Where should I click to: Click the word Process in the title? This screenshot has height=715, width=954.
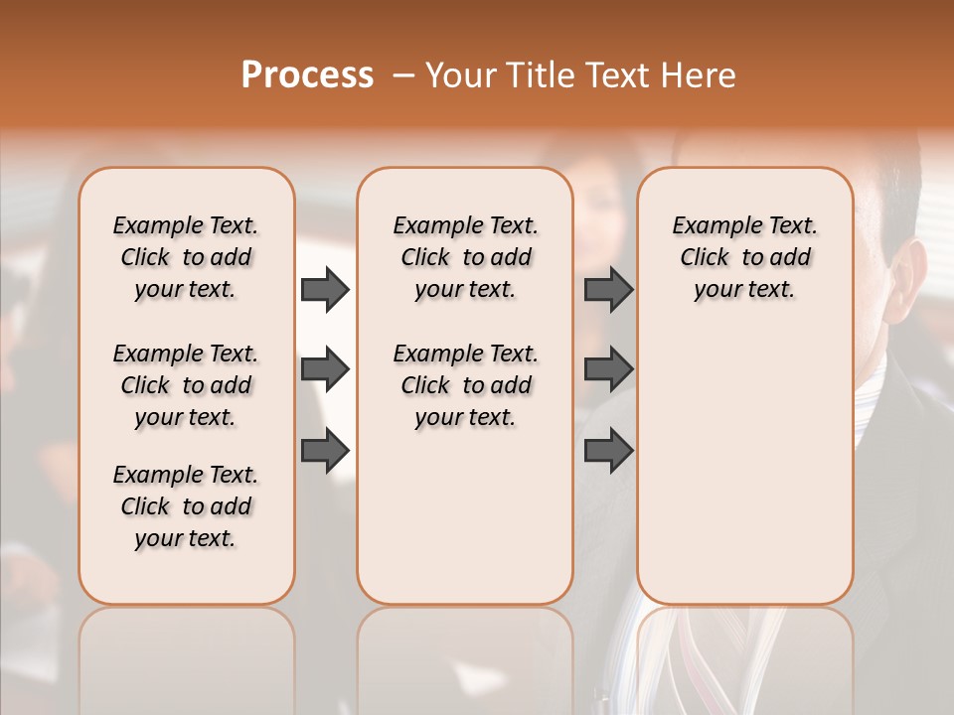coord(307,75)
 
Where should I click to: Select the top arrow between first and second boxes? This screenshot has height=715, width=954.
coord(325,289)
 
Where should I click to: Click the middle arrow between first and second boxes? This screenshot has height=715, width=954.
coord(325,370)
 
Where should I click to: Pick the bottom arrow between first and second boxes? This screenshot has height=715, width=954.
coord(325,451)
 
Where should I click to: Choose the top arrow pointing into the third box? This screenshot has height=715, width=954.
coord(608,289)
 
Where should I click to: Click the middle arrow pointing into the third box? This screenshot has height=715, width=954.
coord(608,370)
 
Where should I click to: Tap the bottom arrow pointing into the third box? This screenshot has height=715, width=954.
coord(608,451)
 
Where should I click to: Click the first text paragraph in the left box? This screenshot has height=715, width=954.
coord(186,257)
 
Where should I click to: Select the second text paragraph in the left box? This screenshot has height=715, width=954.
coord(186,385)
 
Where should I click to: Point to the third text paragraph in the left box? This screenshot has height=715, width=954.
coord(186,506)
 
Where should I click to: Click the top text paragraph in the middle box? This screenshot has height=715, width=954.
coord(465,257)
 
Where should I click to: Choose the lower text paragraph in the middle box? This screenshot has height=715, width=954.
coord(465,385)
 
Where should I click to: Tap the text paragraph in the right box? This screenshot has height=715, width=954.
coord(744,257)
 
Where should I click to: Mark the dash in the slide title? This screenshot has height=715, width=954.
coord(402,75)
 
